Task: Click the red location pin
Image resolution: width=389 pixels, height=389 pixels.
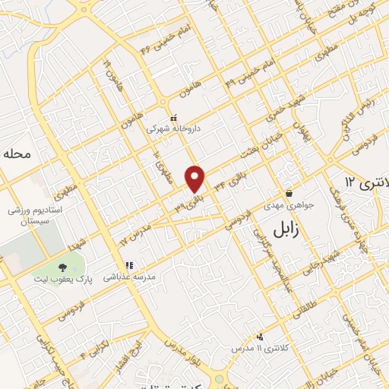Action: coord(196,179)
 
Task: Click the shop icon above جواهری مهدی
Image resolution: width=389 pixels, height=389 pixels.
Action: coord(289,194)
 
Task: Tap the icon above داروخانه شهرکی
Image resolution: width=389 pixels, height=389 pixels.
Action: coord(174,118)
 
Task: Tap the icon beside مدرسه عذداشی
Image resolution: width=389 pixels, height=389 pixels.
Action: coord(129,266)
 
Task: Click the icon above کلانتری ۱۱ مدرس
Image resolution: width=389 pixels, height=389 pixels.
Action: coord(261,336)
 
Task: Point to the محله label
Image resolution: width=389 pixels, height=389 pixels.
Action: coord(17,153)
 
